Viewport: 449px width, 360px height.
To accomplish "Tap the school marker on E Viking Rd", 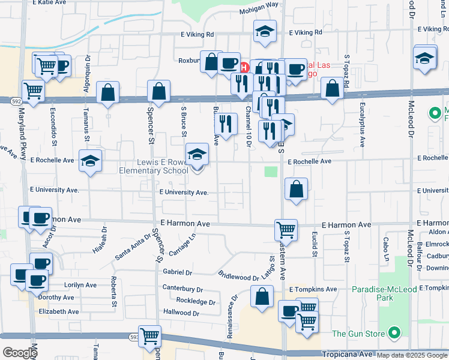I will point(264,32).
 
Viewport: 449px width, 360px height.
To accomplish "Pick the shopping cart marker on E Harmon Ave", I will point(286,229).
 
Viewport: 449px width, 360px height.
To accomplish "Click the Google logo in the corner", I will point(19,352).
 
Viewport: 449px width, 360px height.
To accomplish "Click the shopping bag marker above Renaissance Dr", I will point(262,296).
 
